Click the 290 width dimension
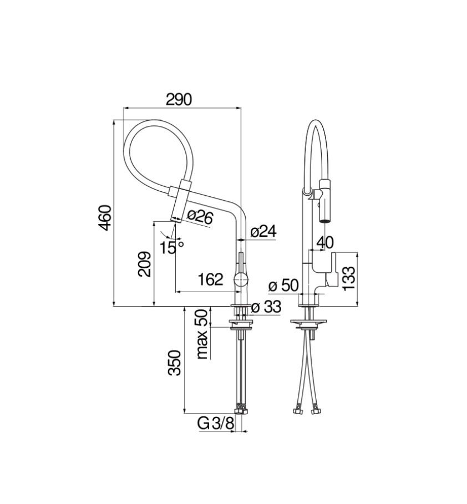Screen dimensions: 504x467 pos(179,99)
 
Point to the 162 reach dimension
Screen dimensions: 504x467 pos(210,279)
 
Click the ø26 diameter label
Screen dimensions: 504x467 pos(200,217)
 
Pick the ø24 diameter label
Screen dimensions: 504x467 pos(263,232)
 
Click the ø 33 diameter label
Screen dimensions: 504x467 pos(266,307)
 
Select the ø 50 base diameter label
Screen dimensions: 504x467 pos(283,286)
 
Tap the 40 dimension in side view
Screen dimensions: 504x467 pos(326,242)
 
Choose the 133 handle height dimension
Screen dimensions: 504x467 pos(349,277)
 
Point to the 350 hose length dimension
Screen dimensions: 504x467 pos(175,363)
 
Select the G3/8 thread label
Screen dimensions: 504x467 pos(216,424)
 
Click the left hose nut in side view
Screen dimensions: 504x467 pos(297,411)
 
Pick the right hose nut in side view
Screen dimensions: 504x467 pos(316,411)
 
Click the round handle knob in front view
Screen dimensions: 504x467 pos(241,279)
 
